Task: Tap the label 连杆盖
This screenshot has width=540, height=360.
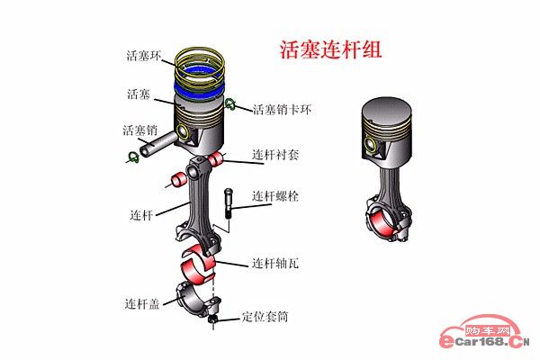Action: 143,302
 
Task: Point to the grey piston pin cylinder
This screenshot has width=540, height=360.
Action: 158,139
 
